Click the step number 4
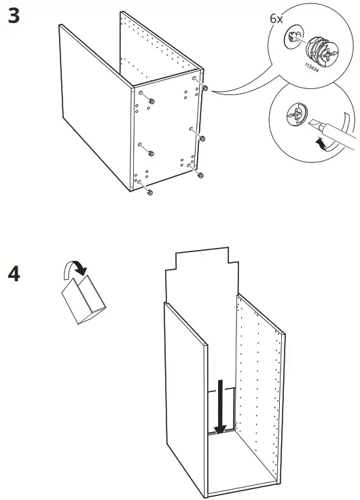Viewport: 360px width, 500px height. click(14, 274)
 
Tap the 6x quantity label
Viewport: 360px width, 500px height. click(276, 19)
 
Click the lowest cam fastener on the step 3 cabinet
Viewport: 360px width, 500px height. click(149, 193)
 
